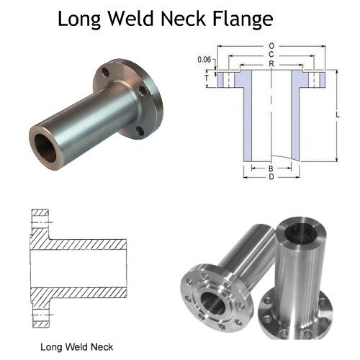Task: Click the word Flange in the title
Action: point(243,19)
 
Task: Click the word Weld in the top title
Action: point(131,19)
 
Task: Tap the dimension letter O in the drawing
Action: point(271,46)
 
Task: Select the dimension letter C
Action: point(271,55)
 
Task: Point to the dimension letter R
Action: point(271,64)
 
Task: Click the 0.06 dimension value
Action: point(204,60)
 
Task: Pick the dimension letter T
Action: point(207,78)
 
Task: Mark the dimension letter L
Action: point(338,115)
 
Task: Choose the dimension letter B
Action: point(271,168)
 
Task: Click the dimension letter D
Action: point(271,177)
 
